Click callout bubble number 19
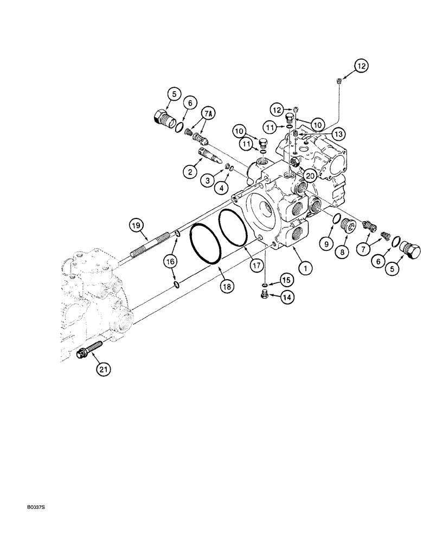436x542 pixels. coord(136,224)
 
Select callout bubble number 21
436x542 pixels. coord(103,370)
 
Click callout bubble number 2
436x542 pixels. coord(190,172)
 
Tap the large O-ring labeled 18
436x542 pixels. coord(205,246)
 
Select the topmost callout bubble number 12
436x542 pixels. coord(361,66)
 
